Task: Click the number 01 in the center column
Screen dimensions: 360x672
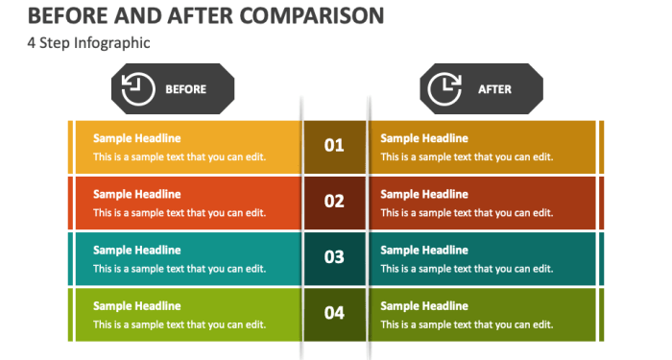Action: tap(334, 146)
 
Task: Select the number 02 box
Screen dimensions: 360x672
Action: tap(334, 202)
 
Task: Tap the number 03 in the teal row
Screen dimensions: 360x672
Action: tap(334, 257)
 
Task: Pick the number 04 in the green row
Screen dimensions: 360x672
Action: tap(334, 313)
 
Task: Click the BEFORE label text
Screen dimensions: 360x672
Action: tap(186, 89)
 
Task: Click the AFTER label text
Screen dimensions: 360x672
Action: tap(495, 89)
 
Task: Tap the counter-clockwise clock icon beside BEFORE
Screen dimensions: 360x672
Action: tap(138, 89)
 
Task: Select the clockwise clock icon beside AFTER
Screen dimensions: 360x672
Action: tap(444, 89)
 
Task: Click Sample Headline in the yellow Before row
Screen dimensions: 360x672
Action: tap(136, 138)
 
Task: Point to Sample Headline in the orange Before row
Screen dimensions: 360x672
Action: tap(136, 194)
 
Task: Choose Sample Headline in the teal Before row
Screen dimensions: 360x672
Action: tap(136, 250)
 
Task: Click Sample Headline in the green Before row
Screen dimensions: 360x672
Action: tap(136, 306)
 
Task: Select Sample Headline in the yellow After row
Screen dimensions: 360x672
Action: tap(424, 138)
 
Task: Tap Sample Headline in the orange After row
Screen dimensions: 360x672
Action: tap(424, 194)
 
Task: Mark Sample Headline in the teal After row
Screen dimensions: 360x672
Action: tap(424, 250)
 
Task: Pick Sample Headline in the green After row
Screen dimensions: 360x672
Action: tap(424, 306)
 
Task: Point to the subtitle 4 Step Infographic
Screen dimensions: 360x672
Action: tap(88, 43)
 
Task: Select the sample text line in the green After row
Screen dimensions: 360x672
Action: tap(467, 324)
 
